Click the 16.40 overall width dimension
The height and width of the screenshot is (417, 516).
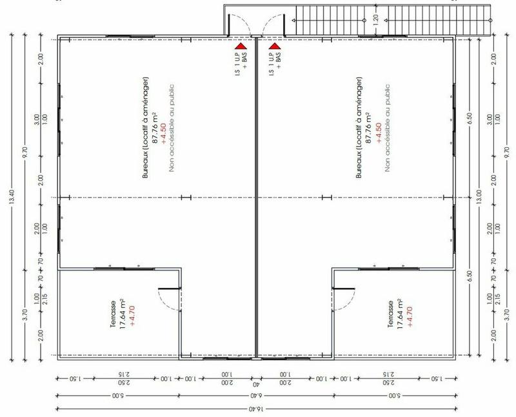pyautogui.click(x=257, y=409)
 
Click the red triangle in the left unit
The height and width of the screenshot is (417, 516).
pyautogui.click(x=240, y=46)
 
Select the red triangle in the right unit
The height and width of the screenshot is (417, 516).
pyautogui.click(x=274, y=46)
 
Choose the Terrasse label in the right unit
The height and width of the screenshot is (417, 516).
pyautogui.click(x=391, y=314)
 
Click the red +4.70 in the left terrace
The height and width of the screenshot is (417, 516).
pyautogui.click(x=132, y=314)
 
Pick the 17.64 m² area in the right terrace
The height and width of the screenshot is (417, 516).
pyautogui.click(x=401, y=314)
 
